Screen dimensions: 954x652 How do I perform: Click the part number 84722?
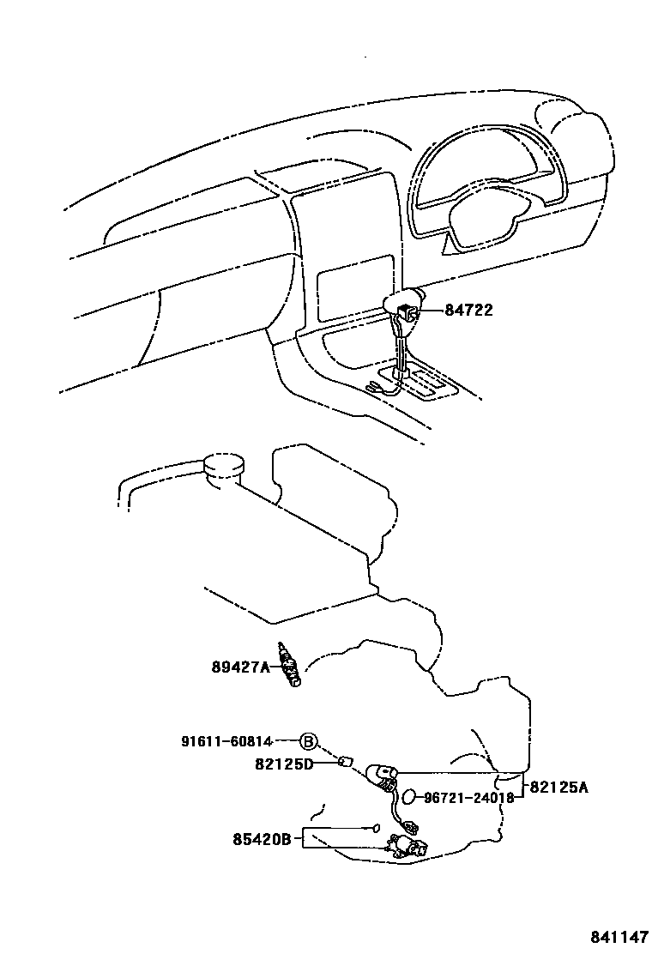tap(468, 311)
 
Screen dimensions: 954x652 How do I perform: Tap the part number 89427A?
tap(241, 666)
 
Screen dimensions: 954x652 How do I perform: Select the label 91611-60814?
tap(226, 741)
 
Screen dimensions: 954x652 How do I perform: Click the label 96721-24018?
tap(468, 797)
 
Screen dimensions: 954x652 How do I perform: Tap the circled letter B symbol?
tap(308, 742)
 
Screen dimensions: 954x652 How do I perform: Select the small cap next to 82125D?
tap(347, 761)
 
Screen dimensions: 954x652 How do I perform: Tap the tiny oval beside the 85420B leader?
tap(375, 828)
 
